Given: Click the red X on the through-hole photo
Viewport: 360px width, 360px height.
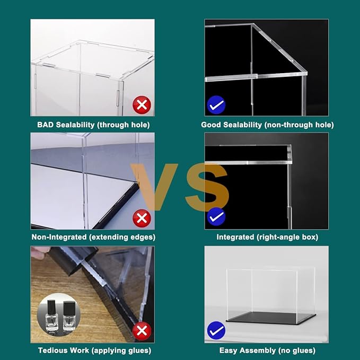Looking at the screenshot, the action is click(x=142, y=105).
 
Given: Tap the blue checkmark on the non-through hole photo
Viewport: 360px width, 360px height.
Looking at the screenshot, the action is click(x=216, y=105).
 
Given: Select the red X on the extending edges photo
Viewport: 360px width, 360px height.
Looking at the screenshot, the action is click(x=142, y=218).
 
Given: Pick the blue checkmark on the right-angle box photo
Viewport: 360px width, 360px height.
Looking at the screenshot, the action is click(x=216, y=216).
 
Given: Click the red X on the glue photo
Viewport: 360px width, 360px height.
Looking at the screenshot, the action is click(x=142, y=331).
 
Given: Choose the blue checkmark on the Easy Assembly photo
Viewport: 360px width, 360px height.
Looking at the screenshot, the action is click(x=216, y=330).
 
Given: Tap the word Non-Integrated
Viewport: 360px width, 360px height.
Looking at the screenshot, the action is click(x=59, y=236).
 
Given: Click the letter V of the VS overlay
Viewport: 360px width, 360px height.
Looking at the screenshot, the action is click(x=154, y=187).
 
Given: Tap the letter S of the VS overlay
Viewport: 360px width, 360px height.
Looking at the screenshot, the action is click(x=207, y=187).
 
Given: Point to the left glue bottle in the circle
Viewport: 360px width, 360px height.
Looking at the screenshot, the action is click(x=51, y=315).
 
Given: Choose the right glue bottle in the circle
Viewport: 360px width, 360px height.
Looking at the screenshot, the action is click(x=69, y=316).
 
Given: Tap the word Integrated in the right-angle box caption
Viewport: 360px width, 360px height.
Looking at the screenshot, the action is click(x=235, y=237).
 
